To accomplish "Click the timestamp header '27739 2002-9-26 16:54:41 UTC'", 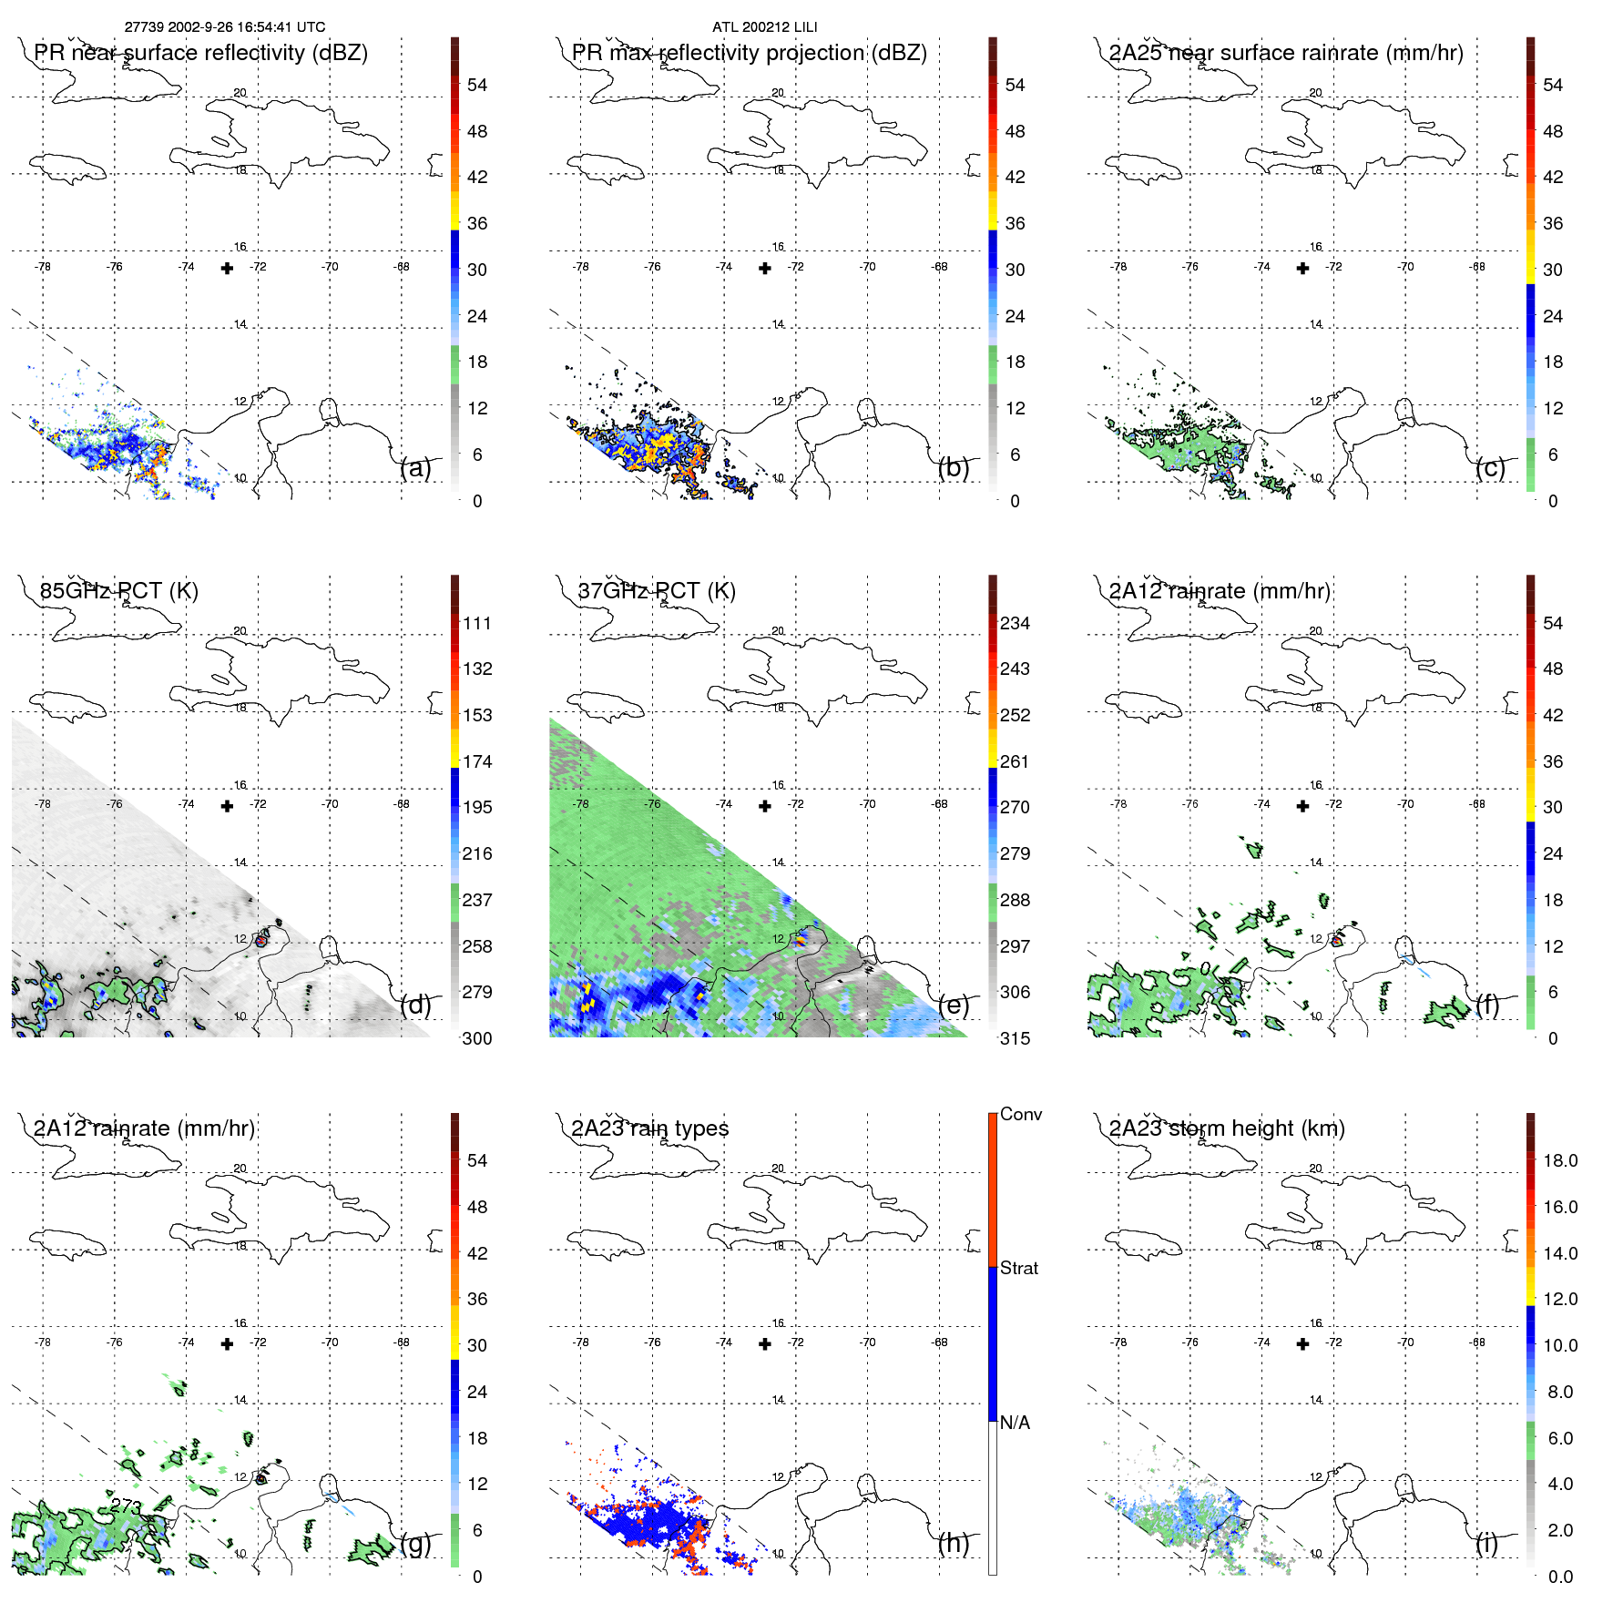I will [x=225, y=27].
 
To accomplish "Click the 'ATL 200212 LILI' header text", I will [x=764, y=27].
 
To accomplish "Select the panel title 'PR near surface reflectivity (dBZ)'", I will [x=200, y=53].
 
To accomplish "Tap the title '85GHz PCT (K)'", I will [x=118, y=591].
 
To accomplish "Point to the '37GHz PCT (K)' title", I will [x=656, y=591].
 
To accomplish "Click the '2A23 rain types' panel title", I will [x=649, y=1128].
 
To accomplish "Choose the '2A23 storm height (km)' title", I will [x=1227, y=1128].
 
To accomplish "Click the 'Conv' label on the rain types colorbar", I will [x=1020, y=1114].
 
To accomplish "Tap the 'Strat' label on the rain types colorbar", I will [x=1018, y=1268].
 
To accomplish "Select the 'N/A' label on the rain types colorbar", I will [x=1015, y=1423].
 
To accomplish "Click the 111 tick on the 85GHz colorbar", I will [x=477, y=623].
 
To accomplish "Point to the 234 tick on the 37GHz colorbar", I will [x=1015, y=623].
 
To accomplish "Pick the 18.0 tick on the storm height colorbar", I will [x=1559, y=1160].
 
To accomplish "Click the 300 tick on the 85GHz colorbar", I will [x=477, y=1038].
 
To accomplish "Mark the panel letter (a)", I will [x=415, y=468].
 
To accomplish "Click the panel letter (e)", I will [x=954, y=1006].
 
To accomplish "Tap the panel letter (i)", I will [x=1486, y=1543].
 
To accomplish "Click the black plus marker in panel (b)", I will [x=765, y=268].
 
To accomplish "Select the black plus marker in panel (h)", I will [x=765, y=1343].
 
